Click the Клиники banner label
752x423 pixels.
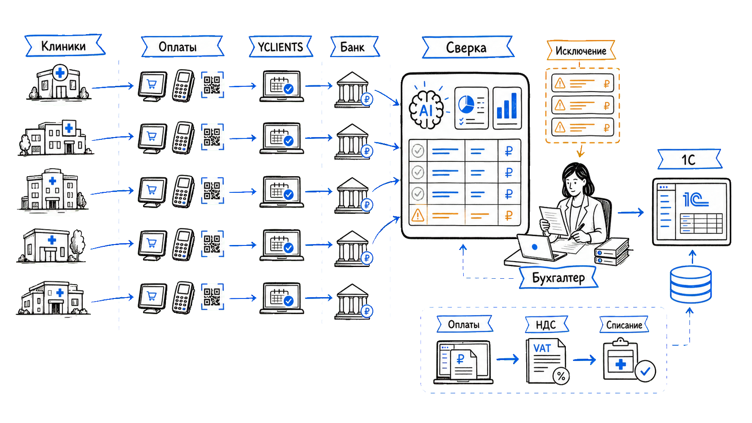pyautogui.click(x=65, y=45)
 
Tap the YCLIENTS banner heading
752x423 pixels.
pyautogui.click(x=281, y=47)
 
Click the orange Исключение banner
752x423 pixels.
pyautogui.click(x=581, y=50)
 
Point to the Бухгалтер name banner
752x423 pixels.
pyautogui.click(x=559, y=277)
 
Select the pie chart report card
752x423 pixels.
pyautogui.click(x=471, y=108)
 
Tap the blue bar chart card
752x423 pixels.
pyautogui.click(x=507, y=108)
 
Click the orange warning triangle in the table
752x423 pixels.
pyautogui.click(x=418, y=215)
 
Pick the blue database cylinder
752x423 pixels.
pyautogui.click(x=690, y=285)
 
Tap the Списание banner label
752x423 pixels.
pyautogui.click(x=624, y=325)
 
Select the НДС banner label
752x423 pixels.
pyautogui.click(x=546, y=325)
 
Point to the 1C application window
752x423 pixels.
pyautogui.click(x=692, y=212)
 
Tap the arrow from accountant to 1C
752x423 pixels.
pyautogui.click(x=631, y=212)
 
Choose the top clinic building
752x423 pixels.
pyautogui.click(x=59, y=83)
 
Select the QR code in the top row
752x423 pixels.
pyautogui.click(x=212, y=85)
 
